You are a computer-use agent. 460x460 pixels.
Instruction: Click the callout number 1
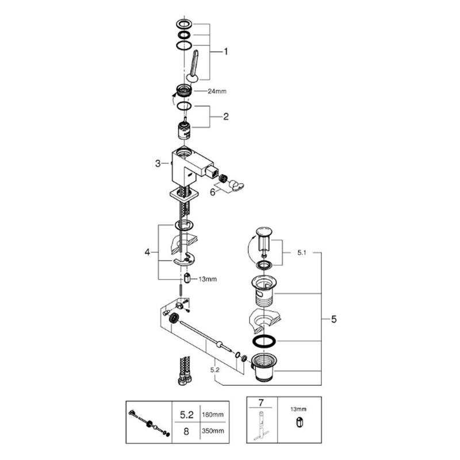coord(225,52)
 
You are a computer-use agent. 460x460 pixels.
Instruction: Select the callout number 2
coord(225,117)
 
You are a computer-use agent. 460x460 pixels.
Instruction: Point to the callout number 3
coord(158,163)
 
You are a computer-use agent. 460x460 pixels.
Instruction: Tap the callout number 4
coord(147,252)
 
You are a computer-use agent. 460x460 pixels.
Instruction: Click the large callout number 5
coord(334,319)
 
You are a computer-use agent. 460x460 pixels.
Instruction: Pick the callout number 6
coord(213,193)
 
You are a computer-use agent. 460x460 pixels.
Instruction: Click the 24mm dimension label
coord(217,91)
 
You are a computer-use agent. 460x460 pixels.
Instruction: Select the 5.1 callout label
coord(301,252)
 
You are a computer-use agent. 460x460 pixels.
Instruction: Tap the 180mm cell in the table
coord(213,415)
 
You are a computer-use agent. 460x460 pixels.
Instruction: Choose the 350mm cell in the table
coord(213,431)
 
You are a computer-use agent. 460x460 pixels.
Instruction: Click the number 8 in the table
coord(186,432)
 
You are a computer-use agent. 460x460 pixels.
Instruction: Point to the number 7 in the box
coord(261,403)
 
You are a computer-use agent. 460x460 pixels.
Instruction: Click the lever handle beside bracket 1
coord(193,66)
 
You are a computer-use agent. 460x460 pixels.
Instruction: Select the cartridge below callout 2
coord(184,129)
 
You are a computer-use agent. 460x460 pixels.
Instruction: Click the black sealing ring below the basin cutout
coord(264,341)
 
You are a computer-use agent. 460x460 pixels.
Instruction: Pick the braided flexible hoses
coord(185,370)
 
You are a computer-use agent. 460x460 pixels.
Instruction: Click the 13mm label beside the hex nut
coord(208,279)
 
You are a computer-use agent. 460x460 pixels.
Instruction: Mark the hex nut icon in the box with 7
coord(299,423)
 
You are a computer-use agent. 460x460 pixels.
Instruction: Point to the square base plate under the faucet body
coord(184,194)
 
